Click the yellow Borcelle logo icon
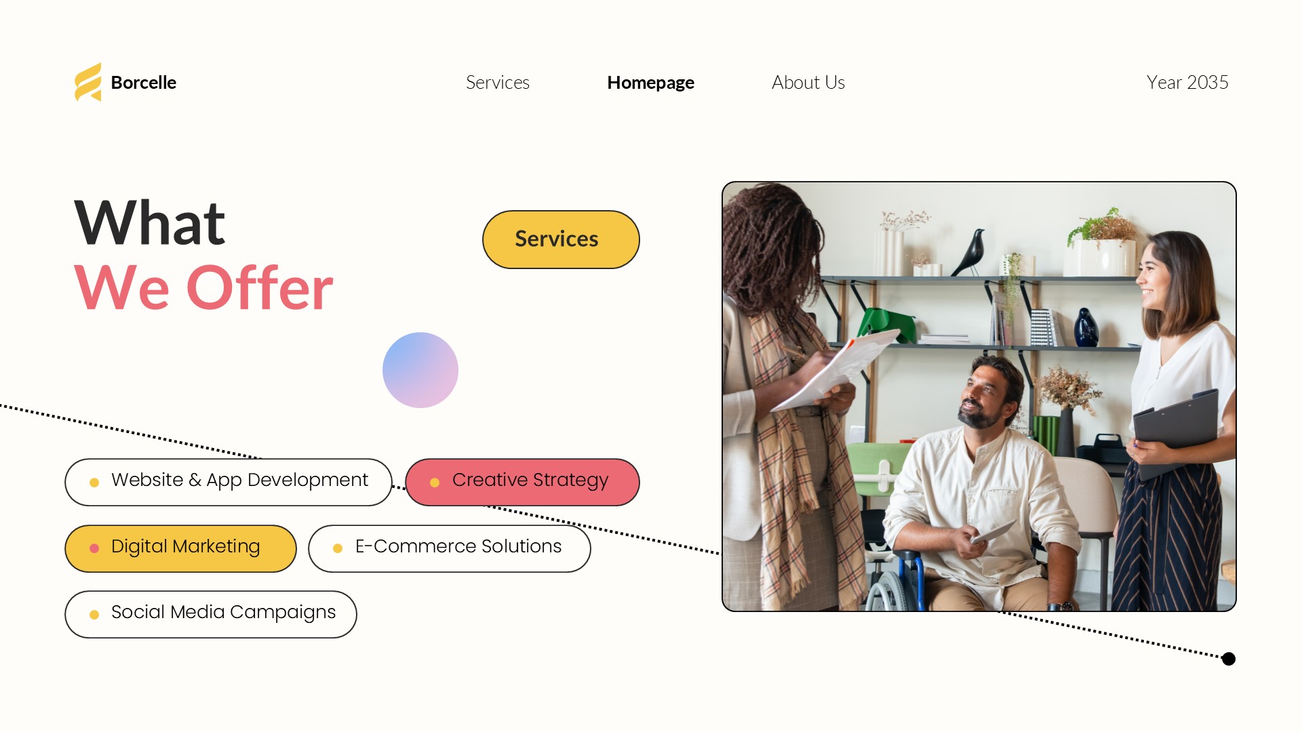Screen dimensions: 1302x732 click(88, 82)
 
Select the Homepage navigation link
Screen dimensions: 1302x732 click(650, 83)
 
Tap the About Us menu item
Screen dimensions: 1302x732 click(808, 82)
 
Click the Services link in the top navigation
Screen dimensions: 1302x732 click(498, 83)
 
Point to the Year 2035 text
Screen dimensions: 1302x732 click(1187, 82)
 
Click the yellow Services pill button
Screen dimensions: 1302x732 click(561, 239)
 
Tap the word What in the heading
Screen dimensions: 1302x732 click(150, 223)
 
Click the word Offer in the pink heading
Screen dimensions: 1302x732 click(260, 287)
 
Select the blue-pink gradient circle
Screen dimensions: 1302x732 click(420, 370)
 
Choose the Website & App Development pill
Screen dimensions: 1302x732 click(229, 482)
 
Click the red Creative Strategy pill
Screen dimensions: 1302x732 click(522, 482)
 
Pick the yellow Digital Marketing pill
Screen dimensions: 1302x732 click(180, 548)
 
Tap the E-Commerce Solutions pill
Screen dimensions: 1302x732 click(450, 548)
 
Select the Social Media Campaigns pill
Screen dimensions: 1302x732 click(211, 614)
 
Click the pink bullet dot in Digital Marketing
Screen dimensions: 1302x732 click(94, 548)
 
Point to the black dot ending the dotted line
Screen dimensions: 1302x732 click(1229, 659)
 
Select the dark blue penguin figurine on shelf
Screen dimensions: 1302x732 click(1086, 327)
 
